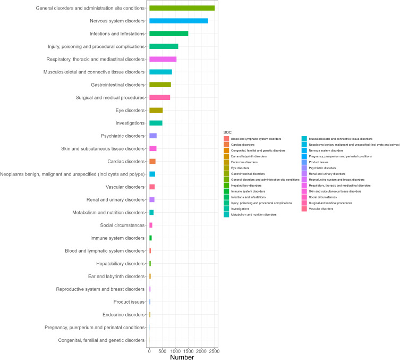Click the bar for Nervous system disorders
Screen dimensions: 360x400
tap(178, 21)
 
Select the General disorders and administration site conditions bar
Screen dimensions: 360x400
tap(182, 8)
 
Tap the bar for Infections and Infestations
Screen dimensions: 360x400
tap(168, 34)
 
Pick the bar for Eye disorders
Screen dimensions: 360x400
tap(156, 110)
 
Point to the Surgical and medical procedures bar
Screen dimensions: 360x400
tap(159, 97)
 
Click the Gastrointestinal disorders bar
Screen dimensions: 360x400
tap(160, 85)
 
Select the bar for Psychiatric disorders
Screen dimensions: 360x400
tap(152, 136)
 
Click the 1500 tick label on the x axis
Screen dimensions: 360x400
tap(188, 351)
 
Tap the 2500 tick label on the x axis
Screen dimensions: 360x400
tap(214, 351)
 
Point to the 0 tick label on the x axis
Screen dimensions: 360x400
tap(149, 351)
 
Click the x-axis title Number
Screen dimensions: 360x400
tap(182, 357)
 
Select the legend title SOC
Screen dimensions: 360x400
tap(227, 132)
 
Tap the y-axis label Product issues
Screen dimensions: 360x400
tap(127, 302)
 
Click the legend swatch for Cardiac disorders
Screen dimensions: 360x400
tap(227, 145)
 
